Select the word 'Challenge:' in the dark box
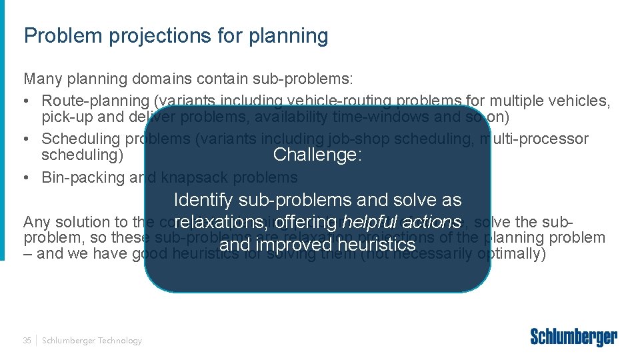[317, 155]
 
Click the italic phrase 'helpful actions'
[401, 222]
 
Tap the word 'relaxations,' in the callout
[221, 222]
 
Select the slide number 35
[27, 341]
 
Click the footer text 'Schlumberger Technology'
[92, 341]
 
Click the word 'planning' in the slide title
[289, 36]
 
